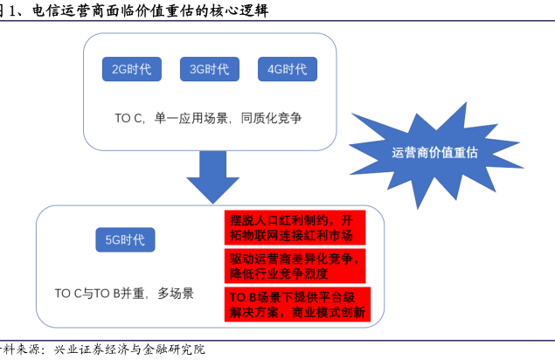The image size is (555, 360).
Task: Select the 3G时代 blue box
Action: [210, 70]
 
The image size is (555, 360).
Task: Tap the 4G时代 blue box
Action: [288, 70]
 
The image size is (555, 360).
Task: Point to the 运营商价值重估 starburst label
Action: [434, 152]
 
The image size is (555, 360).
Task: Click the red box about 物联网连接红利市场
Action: [292, 227]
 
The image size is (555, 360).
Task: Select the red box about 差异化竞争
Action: [292, 266]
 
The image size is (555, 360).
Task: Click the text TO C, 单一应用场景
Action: [167, 117]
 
